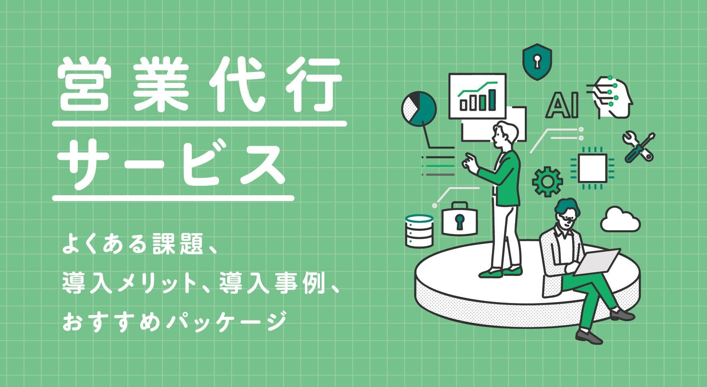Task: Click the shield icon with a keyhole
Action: click(x=537, y=62)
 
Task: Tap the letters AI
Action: click(x=562, y=106)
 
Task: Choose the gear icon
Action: click(x=547, y=182)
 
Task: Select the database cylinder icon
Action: click(x=419, y=231)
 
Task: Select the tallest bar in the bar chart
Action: click(x=492, y=99)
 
